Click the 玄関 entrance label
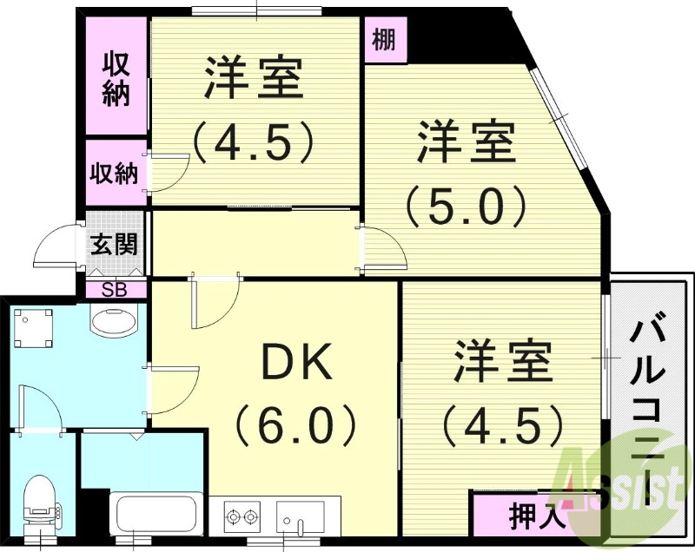(x=115, y=244)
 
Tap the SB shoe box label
(x=114, y=290)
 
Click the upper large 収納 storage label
(x=116, y=79)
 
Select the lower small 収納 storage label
(x=115, y=173)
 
